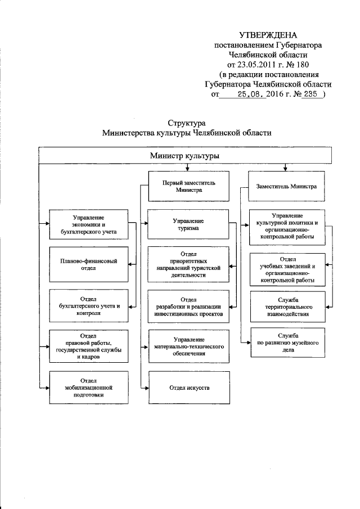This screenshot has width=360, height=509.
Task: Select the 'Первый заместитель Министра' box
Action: [188, 187]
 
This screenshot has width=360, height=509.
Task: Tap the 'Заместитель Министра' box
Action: [286, 187]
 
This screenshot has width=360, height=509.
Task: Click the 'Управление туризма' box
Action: [188, 224]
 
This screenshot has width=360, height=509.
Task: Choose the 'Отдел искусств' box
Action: [188, 388]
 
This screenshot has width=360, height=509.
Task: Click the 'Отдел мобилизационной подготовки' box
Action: [84, 388]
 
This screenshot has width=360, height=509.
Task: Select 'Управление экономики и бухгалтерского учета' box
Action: [84, 224]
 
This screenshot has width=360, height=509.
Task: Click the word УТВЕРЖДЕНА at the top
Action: [268, 35]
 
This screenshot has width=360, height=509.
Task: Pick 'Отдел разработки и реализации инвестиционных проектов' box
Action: [188, 305]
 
